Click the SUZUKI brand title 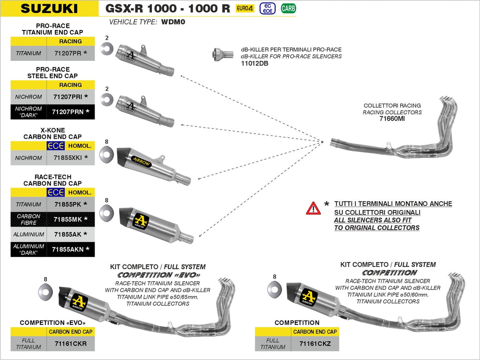pyautogui.click(x=50, y=8)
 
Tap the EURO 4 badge pyautogui.click(x=245, y=8)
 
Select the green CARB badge pyautogui.click(x=288, y=8)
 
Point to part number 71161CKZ pyautogui.click(x=315, y=344)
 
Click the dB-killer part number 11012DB pyautogui.click(x=255, y=63)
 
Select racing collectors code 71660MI pyautogui.click(x=392, y=119)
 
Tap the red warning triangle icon pyautogui.click(x=313, y=208)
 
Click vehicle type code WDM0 pyautogui.click(x=173, y=22)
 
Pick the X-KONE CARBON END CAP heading pyautogui.click(x=52, y=133)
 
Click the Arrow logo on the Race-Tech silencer pyautogui.click(x=141, y=221)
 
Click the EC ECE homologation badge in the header pyautogui.click(x=267, y=8)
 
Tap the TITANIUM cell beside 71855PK pyautogui.click(x=29, y=204)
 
